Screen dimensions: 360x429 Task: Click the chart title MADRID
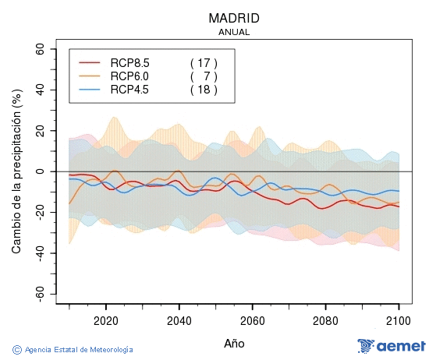point(234,18)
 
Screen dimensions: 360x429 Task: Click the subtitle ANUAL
point(234,33)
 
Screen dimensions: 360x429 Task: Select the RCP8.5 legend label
point(129,63)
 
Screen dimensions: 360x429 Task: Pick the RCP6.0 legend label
point(129,76)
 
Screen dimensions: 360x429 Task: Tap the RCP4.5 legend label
point(129,90)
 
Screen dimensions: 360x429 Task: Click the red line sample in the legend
point(90,63)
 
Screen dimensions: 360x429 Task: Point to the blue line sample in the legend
point(90,90)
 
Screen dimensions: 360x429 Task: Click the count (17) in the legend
point(204,63)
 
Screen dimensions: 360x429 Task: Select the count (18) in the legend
point(204,90)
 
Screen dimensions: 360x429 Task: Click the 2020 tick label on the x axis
point(105,320)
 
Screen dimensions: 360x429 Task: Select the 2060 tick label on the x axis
point(253,320)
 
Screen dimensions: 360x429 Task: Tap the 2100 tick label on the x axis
point(399,320)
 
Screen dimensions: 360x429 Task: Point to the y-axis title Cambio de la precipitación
point(16,171)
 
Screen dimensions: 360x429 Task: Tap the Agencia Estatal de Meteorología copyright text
point(74,350)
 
